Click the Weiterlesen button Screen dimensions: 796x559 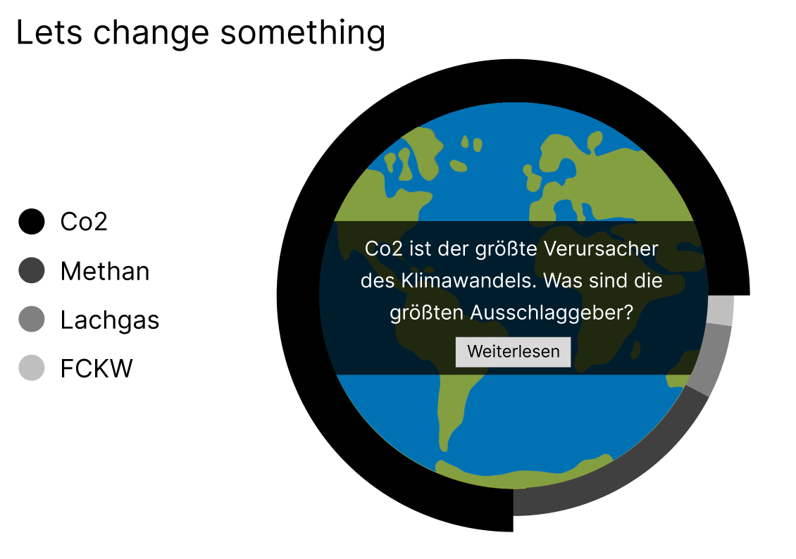[513, 351]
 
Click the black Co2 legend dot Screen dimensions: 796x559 [32, 222]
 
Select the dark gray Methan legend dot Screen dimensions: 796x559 [32, 270]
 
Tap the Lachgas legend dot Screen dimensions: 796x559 [32, 319]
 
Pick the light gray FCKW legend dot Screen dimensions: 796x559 [32, 368]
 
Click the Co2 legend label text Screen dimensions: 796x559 [84, 222]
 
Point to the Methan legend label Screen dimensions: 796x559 [104, 271]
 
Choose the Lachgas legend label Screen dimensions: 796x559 [110, 320]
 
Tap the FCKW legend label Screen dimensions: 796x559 [97, 368]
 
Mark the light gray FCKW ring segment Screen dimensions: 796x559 [721, 310]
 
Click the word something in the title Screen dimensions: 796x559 [303, 33]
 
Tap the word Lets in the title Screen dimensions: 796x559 [49, 34]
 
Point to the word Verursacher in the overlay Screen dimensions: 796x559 [601, 249]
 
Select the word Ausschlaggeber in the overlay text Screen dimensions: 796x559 [552, 313]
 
